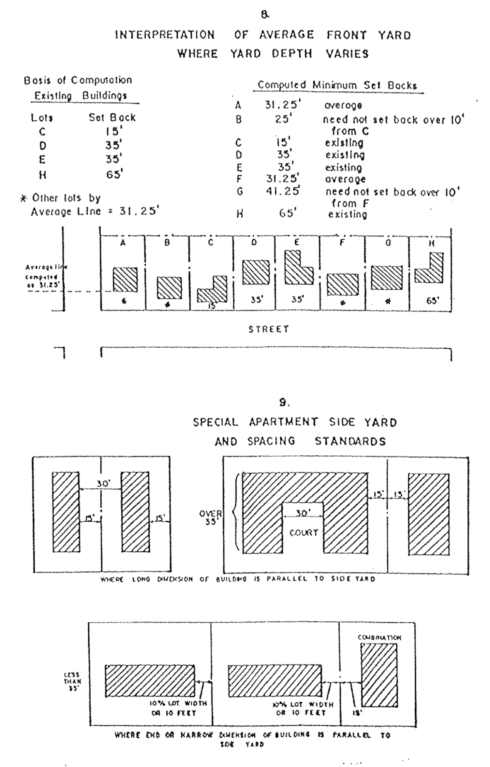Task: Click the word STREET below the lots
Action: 269,329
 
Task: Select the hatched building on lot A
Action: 125,279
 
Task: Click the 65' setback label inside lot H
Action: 432,301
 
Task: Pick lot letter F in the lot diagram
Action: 342,243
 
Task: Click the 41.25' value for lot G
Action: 283,191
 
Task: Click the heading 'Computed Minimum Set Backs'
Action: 337,85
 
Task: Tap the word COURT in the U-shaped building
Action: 303,533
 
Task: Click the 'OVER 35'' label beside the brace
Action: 211,517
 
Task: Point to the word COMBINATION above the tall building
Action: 380,637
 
